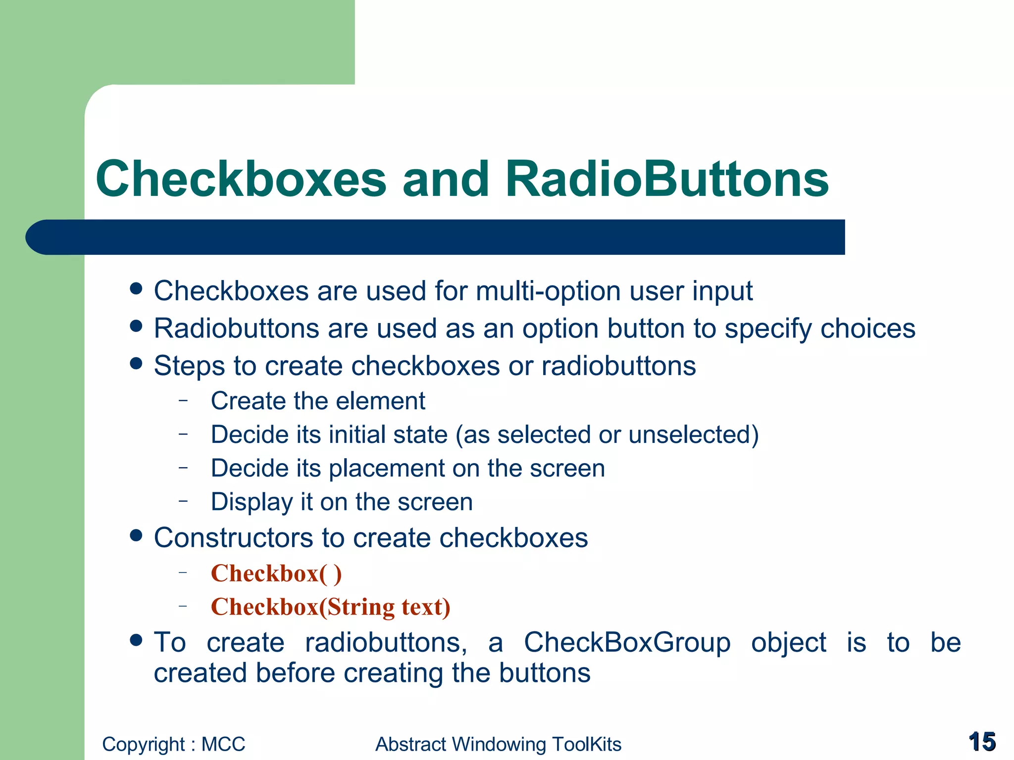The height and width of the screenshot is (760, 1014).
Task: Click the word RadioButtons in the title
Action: coord(666,179)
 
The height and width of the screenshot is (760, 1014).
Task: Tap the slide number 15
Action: coord(982,742)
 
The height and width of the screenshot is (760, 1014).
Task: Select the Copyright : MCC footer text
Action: coord(173,744)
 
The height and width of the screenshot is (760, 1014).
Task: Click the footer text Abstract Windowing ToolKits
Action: coord(498,744)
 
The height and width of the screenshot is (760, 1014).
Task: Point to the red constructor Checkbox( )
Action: coord(276,573)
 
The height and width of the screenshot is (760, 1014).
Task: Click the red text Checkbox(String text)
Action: coord(330,607)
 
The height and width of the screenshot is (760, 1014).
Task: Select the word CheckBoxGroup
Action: coord(627,643)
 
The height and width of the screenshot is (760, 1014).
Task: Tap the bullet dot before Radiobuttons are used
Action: coord(136,326)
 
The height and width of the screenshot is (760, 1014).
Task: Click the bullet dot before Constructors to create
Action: coord(136,535)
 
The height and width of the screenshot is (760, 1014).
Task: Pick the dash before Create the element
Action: coord(184,400)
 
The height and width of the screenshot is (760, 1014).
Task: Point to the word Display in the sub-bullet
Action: coord(252,503)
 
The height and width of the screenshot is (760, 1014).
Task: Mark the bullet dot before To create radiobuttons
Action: coord(136,640)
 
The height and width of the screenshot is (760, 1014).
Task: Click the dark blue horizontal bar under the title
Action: coord(436,237)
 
